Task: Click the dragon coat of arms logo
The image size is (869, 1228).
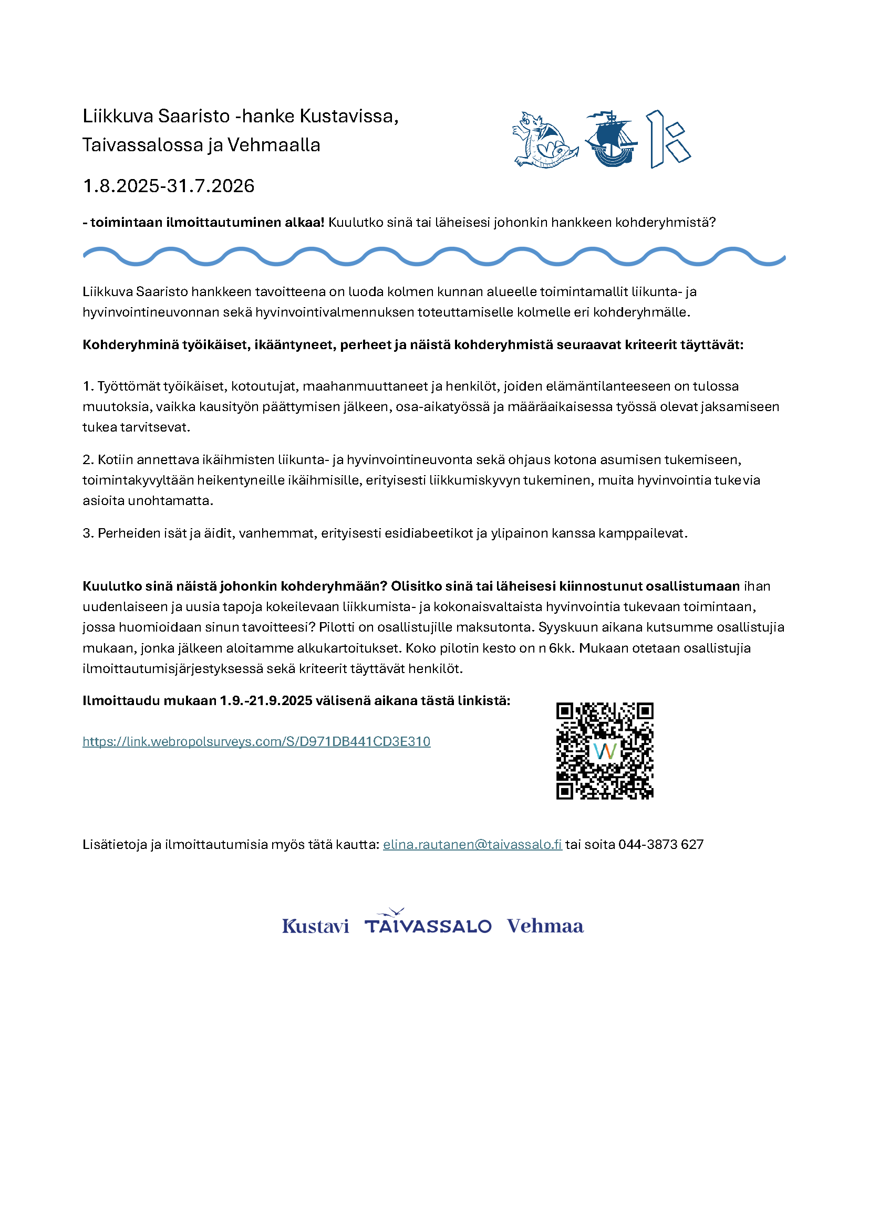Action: [x=544, y=140]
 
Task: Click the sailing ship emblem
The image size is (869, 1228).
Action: [x=611, y=139]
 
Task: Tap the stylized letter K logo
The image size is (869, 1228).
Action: [x=667, y=140]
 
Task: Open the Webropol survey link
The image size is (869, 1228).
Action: [x=256, y=741]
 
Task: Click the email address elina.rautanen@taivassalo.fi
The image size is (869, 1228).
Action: [x=472, y=844]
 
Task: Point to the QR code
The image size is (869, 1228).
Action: [x=605, y=750]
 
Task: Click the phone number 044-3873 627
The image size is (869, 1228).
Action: [x=661, y=844]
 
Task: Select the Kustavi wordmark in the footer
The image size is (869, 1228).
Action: [x=315, y=926]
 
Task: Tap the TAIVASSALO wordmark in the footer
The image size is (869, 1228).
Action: [x=428, y=925]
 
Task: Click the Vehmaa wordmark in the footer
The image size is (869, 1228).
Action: [x=545, y=925]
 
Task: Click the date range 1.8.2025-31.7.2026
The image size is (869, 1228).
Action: [x=169, y=186]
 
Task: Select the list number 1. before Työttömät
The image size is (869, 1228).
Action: [x=88, y=386]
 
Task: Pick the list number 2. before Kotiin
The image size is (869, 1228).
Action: [x=88, y=459]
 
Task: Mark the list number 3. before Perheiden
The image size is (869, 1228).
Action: [x=88, y=533]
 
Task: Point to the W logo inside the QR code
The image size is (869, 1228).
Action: [x=605, y=751]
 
